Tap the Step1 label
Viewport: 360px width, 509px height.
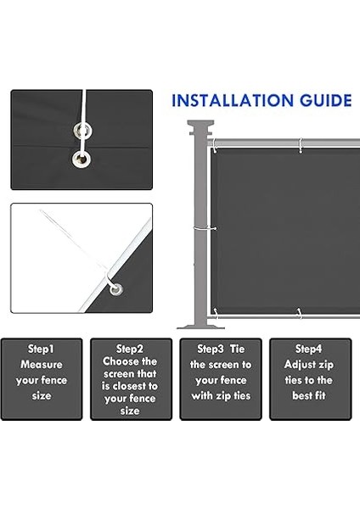[41, 349]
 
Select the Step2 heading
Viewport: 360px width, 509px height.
[130, 349]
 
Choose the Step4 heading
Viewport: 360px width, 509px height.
[309, 349]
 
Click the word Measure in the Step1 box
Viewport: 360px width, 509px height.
[41, 364]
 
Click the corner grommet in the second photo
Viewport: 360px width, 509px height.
[115, 288]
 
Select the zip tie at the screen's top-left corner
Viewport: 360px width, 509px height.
[216, 143]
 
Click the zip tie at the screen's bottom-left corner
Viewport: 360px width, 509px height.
[216, 313]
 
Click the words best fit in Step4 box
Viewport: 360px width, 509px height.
[310, 395]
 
